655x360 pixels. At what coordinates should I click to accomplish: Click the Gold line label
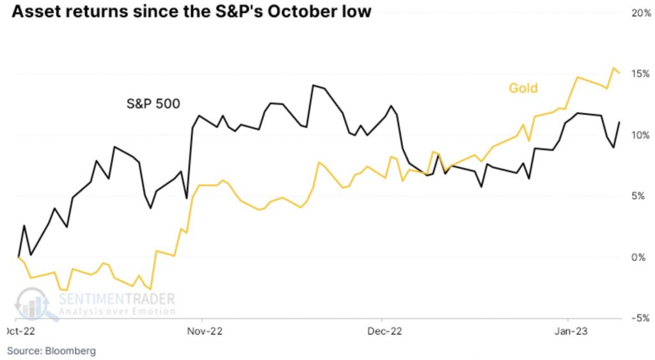click(x=523, y=88)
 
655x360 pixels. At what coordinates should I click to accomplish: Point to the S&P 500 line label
click(x=152, y=102)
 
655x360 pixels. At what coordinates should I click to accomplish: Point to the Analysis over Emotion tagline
click(x=116, y=311)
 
